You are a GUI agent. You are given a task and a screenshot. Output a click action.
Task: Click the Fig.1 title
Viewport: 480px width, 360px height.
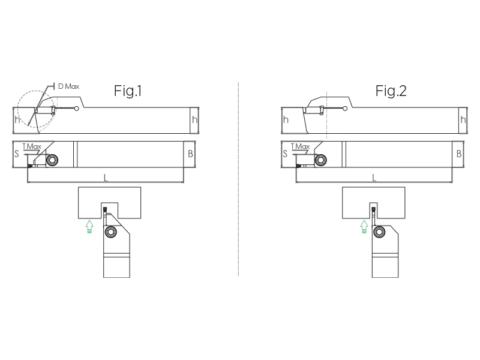[x=128, y=91]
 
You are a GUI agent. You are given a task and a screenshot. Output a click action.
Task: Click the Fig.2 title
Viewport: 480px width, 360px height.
[x=391, y=91]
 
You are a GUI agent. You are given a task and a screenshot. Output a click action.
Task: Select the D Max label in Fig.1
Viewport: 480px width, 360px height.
[x=68, y=86]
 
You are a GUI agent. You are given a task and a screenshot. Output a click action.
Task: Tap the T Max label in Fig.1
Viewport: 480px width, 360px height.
[x=32, y=146]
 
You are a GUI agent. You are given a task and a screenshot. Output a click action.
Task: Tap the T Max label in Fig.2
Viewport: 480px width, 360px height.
[x=301, y=146]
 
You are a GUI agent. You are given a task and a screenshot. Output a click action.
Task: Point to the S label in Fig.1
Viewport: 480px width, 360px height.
[x=17, y=154]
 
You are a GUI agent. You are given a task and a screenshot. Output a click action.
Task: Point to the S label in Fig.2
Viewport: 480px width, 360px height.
[x=285, y=154]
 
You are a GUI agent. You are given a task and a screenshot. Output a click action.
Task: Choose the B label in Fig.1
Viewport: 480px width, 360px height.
[x=190, y=154]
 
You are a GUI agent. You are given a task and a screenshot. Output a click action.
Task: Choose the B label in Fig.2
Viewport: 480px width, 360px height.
[x=459, y=154]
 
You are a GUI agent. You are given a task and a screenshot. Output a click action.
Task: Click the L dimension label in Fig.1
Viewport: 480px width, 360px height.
[x=106, y=178]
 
